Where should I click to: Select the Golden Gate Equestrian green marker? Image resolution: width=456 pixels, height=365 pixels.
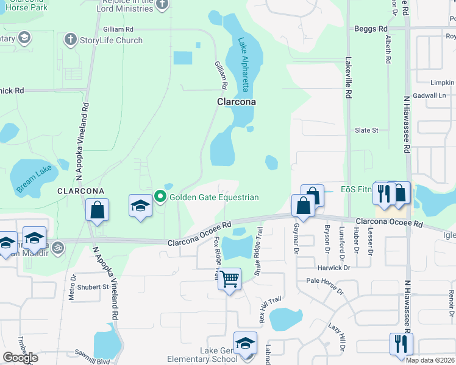[160, 196]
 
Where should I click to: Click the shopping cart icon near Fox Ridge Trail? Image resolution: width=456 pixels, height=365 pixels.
[229, 279]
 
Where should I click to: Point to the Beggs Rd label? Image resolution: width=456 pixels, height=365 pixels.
[373, 29]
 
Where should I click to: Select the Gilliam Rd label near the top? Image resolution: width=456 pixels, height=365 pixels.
[118, 29]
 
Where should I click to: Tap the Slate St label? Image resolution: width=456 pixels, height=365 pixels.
[366, 130]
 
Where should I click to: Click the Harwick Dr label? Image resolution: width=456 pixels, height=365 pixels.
[334, 268]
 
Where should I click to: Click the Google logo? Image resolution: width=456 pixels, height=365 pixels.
[20, 358]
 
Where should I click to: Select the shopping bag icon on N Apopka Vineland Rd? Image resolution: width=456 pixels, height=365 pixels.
[98, 210]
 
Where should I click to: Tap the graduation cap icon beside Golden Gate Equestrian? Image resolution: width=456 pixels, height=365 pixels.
[140, 205]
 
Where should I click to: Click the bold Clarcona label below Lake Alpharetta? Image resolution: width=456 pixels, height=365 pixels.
[236, 102]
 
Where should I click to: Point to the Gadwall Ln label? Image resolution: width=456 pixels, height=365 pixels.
[429, 96]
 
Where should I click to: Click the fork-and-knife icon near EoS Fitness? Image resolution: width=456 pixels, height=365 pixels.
[383, 193]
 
